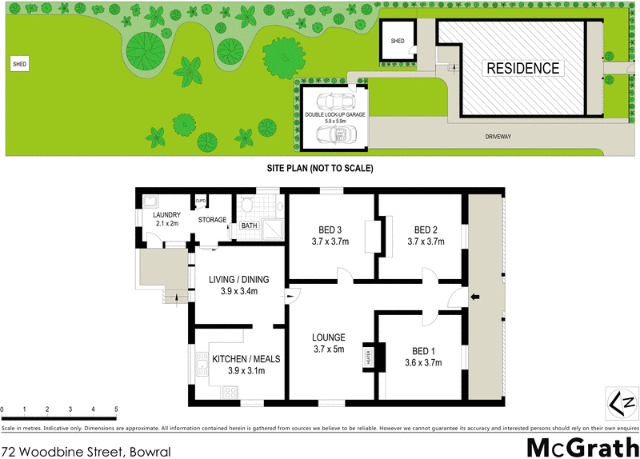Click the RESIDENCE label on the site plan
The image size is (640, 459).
(523, 68)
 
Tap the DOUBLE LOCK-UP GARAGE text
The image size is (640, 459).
(334, 115)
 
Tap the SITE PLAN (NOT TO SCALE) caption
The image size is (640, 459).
(320, 169)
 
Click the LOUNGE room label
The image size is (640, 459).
(328, 342)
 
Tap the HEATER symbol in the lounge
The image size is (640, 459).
(369, 356)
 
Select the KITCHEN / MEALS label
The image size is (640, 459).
(238, 365)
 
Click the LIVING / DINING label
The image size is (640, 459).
(238, 285)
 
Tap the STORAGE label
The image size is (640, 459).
(213, 220)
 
